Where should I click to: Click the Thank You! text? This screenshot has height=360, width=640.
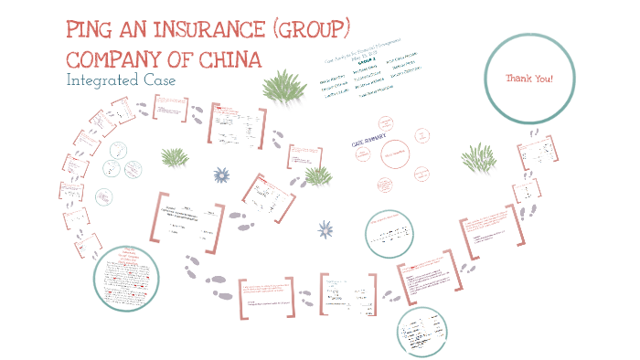529,79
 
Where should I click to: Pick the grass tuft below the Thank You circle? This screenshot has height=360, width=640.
478,155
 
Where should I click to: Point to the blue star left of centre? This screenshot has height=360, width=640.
220,175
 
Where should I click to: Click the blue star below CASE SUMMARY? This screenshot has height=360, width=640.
325,230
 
